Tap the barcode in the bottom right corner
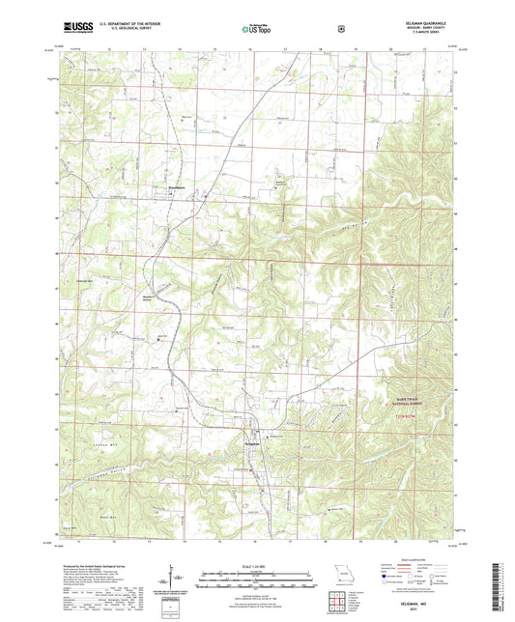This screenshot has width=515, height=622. pos(502,584)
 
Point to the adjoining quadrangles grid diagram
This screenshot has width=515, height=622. pos(338,599)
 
